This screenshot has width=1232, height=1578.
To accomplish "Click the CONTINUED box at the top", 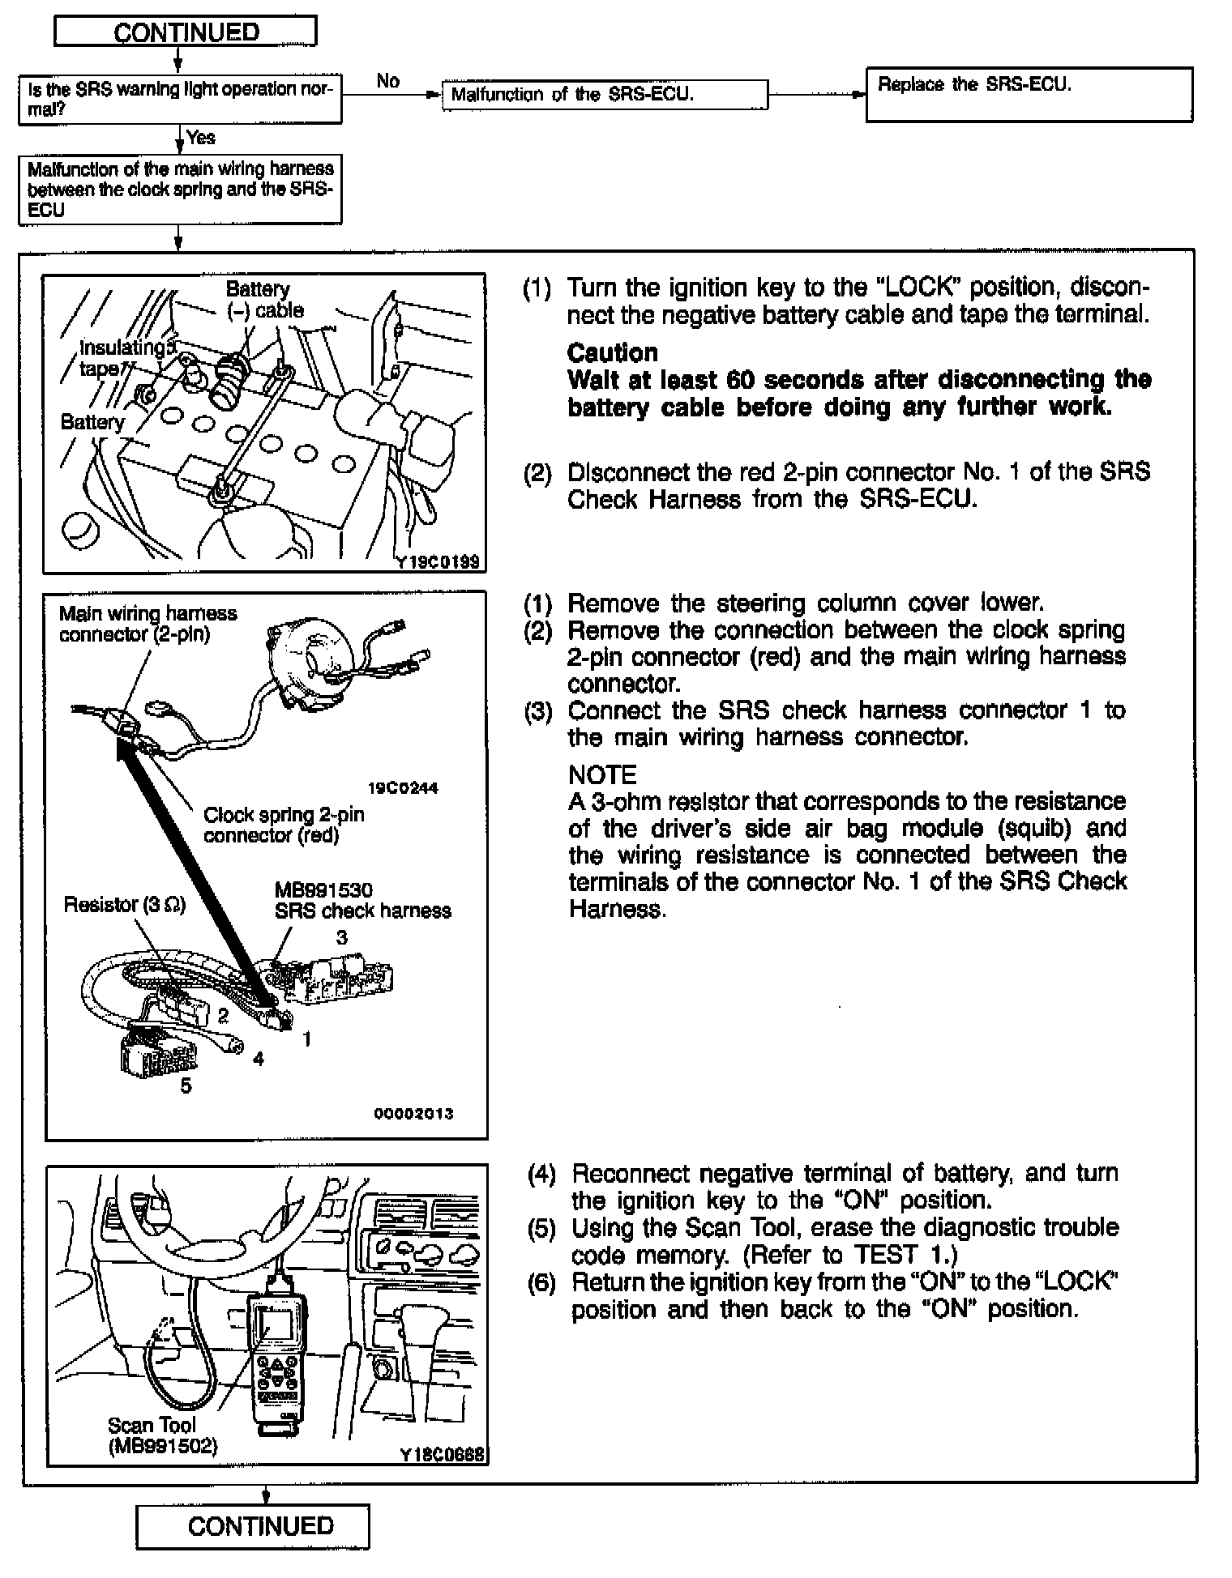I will tap(186, 32).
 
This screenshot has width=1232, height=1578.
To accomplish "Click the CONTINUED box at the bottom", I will tap(252, 1526).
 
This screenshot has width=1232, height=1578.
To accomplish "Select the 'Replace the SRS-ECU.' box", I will tap(1029, 95).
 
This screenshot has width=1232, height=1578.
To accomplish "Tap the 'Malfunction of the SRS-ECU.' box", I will tap(604, 94).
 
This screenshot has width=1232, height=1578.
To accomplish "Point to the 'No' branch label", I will tap(387, 81).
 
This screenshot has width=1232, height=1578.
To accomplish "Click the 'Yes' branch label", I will tap(201, 138).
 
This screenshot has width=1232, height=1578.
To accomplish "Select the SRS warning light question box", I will tap(180, 99).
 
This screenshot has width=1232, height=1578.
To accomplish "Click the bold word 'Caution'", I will tap(612, 352).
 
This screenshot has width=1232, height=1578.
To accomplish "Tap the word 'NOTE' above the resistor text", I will tap(602, 774).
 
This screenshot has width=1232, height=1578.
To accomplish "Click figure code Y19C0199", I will tap(438, 561).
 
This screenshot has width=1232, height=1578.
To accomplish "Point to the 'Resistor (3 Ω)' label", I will tap(125, 905).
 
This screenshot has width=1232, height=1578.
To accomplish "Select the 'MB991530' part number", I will tap(323, 890).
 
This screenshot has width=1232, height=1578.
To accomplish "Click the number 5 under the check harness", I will tap(186, 1086).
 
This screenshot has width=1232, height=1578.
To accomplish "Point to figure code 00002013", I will tap(413, 1114).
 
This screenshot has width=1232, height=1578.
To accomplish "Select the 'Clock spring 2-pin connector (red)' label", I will tap(284, 825).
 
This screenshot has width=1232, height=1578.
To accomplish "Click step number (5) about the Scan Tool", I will tap(541, 1229).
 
